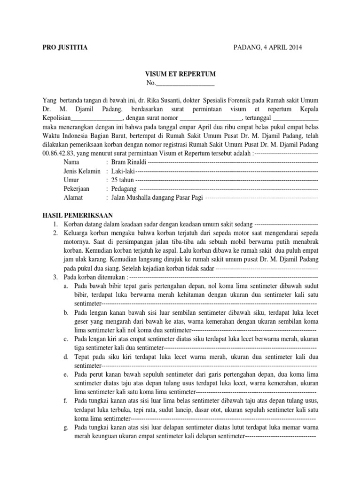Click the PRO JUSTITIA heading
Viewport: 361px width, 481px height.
[64, 47]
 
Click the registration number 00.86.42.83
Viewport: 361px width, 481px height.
[60, 154]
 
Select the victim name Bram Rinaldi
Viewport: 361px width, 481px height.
[128, 163]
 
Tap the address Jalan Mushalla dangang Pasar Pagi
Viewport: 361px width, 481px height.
[157, 198]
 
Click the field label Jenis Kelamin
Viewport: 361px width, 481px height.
[82, 171]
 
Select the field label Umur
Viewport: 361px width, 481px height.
[71, 180]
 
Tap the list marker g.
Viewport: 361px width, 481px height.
[66, 428]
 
